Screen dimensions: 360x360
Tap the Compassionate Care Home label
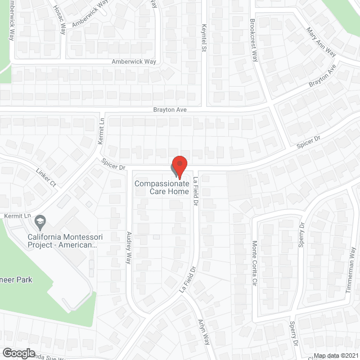(161, 187)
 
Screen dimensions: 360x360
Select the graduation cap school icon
(39, 222)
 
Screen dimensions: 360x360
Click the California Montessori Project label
(62, 241)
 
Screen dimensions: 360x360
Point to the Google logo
(18, 353)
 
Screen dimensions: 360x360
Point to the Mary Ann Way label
(321, 42)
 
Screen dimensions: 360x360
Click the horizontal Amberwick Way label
(133, 61)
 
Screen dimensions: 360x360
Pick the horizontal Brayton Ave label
(170, 110)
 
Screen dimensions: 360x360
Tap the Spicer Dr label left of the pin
(112, 164)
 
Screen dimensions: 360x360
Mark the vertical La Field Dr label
(196, 191)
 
